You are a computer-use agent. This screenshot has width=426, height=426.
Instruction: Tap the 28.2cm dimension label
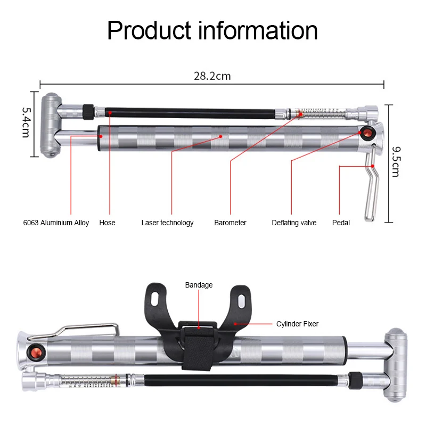[x=212, y=76]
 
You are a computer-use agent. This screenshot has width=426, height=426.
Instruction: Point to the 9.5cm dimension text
[x=395, y=162]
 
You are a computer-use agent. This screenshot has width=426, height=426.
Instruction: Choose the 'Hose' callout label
[x=107, y=223]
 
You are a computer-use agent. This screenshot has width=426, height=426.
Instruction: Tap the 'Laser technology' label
[x=167, y=223]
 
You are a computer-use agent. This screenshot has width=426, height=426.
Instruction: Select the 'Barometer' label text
[x=230, y=223]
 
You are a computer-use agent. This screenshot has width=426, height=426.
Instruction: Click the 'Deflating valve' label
[x=294, y=223]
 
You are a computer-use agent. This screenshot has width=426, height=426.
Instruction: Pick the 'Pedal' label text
[x=341, y=223]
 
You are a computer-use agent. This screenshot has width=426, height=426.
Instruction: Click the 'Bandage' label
[x=199, y=285]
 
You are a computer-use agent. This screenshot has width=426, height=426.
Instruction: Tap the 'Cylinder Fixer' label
[x=297, y=324]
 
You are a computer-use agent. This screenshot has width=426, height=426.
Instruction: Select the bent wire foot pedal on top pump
[x=371, y=186]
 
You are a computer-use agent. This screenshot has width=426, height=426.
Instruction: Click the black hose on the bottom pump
[x=240, y=381]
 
